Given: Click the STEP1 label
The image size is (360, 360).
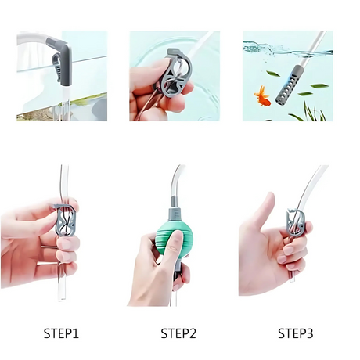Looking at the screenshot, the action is pos(61,333).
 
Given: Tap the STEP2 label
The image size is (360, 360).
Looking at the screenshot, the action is pos(178,333).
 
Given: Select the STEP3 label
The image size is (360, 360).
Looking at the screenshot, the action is pos(295,333).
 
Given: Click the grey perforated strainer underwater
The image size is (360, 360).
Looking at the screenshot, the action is pos(288,85).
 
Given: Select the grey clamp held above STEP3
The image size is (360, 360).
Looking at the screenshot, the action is pos(295,221).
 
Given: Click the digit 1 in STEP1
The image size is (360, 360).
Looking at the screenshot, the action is pos(75,333).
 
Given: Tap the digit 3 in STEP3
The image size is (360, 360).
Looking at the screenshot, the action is pos(309,333).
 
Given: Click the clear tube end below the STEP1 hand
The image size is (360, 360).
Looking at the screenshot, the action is pos(61,292).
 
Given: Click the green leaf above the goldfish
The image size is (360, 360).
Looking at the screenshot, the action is pos(273,74).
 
